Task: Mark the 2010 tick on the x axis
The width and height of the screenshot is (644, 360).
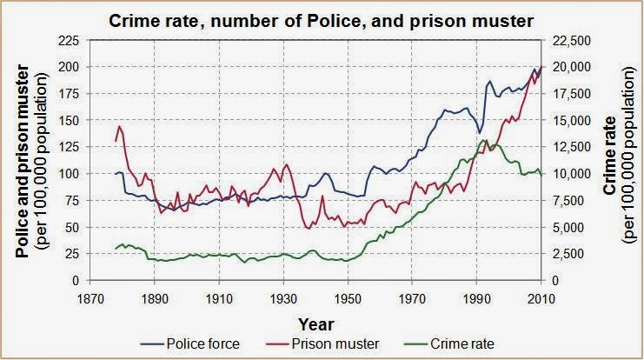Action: (541, 294)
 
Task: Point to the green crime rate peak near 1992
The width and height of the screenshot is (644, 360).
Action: (483, 140)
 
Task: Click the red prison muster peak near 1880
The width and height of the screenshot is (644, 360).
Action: (120, 126)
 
